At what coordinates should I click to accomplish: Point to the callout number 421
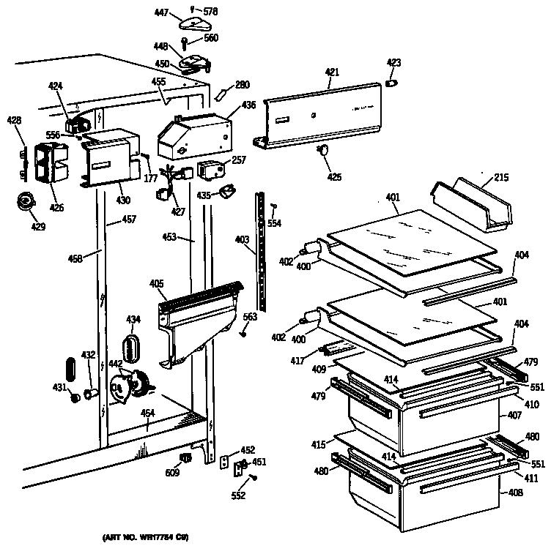tap(332, 72)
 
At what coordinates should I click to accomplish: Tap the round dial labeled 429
tap(27, 201)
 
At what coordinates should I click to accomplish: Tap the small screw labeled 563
tap(243, 333)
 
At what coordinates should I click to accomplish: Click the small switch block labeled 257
tap(210, 170)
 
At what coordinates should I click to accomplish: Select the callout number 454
tap(147, 413)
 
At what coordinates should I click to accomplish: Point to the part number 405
tap(156, 284)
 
